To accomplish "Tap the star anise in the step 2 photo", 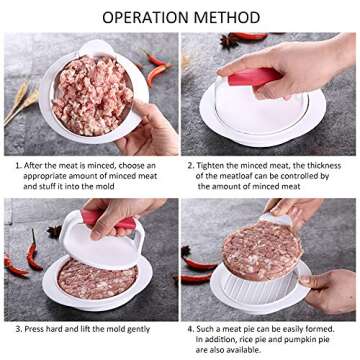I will (232, 41).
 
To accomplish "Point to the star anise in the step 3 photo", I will (54, 231).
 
